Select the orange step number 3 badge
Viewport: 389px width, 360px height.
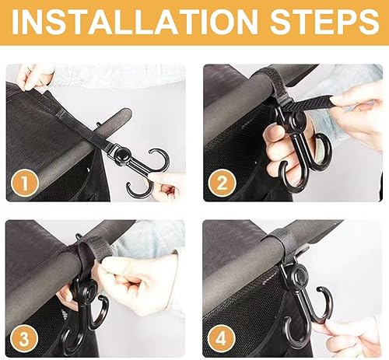tap(26, 336)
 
